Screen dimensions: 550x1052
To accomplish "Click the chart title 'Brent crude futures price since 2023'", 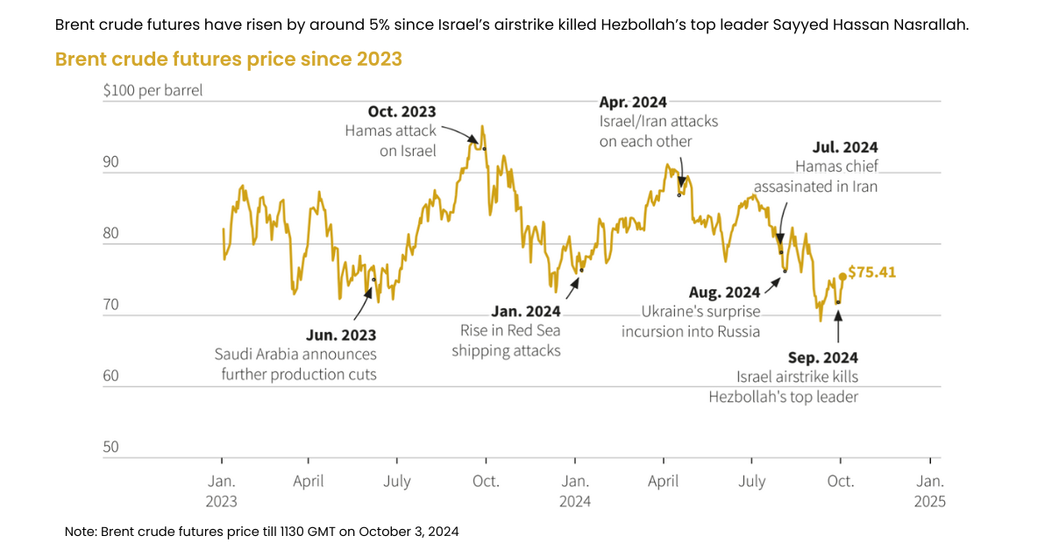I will coord(228,59).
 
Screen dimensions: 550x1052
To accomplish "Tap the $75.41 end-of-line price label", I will coord(871,272).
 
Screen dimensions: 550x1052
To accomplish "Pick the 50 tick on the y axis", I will coord(110,447).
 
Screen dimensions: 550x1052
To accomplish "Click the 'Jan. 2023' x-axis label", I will coord(222,490).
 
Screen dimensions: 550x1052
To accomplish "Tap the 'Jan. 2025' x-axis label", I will coord(929,490).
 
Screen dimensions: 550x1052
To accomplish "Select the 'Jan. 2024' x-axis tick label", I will coord(575,490).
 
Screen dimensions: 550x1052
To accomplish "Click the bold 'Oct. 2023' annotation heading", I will coord(402,112).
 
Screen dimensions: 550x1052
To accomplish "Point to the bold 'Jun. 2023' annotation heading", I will coord(341,335).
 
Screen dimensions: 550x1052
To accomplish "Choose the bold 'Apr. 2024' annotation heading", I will coord(633,102).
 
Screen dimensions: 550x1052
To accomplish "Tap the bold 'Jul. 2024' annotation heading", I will coord(844,147).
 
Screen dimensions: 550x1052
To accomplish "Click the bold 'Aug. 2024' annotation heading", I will coord(725,292).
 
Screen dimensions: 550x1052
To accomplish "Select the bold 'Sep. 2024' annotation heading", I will coord(822,357).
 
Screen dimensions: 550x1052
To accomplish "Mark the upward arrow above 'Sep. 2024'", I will coord(838,326).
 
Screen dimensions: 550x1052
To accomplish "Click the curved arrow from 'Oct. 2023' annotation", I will coord(460,132).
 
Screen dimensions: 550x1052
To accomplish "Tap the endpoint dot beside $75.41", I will coord(842,276).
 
